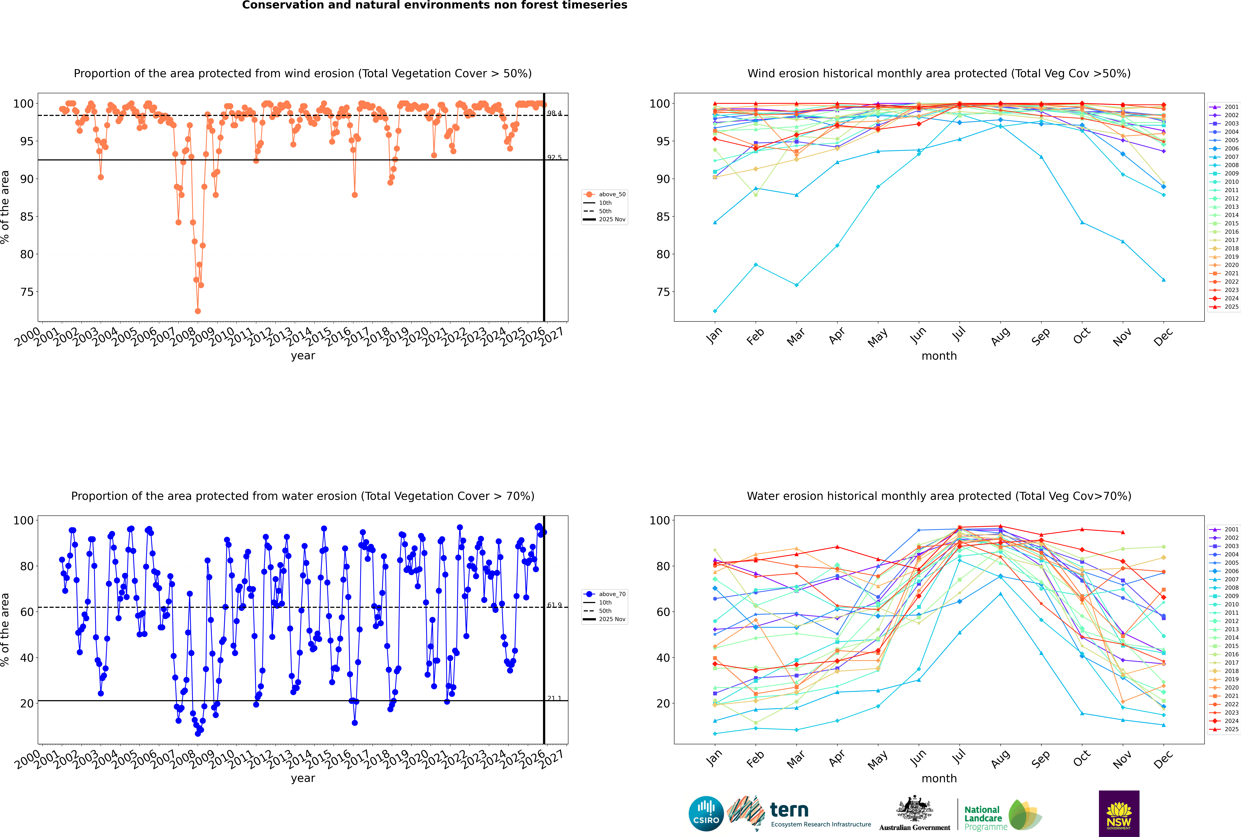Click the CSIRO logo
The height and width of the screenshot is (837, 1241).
coord(706,814)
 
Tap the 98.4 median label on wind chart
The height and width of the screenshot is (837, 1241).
coord(554,113)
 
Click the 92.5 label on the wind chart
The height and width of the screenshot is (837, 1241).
coord(554,158)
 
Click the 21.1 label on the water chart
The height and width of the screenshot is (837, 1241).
coord(554,698)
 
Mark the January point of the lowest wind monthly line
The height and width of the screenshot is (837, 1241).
coord(715,311)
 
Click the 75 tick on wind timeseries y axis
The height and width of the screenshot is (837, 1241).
coord(27,292)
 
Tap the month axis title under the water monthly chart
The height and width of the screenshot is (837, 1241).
coord(939,778)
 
